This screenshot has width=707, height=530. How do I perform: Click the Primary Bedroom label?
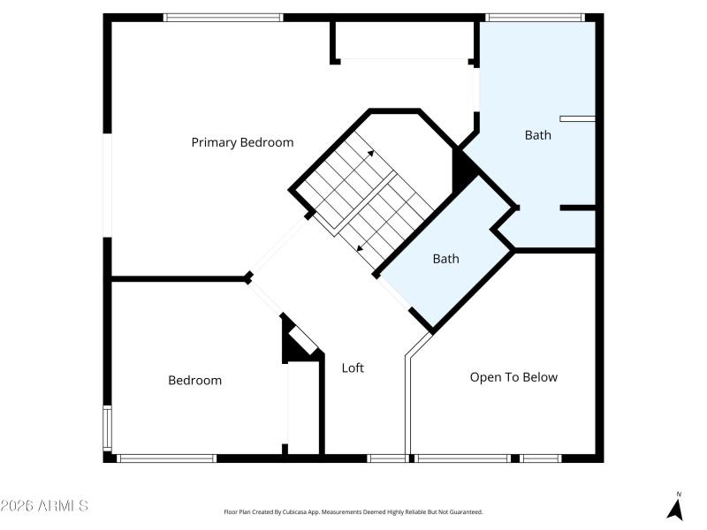point(242,142)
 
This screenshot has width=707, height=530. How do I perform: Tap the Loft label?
point(353,368)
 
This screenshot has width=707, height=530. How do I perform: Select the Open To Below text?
point(513,377)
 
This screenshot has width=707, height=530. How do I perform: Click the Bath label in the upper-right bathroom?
point(537,135)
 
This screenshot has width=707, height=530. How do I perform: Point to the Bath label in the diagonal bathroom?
point(445,259)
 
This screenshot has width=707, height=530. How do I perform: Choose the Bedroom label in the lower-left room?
point(194,381)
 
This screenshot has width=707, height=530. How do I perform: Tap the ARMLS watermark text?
point(44,506)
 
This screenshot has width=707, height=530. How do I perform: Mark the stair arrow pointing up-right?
point(370,153)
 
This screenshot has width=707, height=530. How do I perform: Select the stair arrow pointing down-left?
point(360,247)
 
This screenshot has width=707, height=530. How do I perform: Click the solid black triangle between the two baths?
point(460,170)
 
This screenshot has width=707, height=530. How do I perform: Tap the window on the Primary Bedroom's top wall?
point(223,17)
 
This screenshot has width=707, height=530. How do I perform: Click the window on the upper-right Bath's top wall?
point(535,17)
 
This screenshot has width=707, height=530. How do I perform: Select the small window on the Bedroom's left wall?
point(107,428)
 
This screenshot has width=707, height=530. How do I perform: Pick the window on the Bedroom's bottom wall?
point(166,458)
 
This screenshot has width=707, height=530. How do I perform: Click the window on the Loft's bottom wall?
point(386,458)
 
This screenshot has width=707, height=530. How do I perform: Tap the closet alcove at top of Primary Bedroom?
point(404,40)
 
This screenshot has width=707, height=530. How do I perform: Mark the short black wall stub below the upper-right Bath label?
point(578,208)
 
